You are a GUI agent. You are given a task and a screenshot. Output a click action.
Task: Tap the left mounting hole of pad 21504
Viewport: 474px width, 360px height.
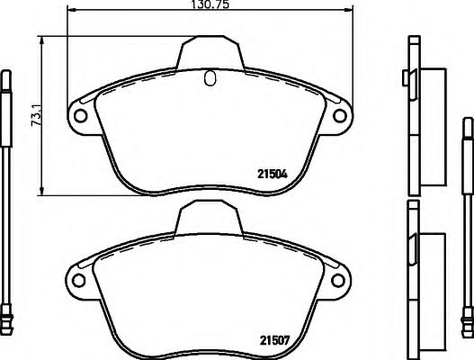(79, 117)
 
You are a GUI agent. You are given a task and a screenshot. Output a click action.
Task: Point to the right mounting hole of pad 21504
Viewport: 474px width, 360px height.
(340, 117)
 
